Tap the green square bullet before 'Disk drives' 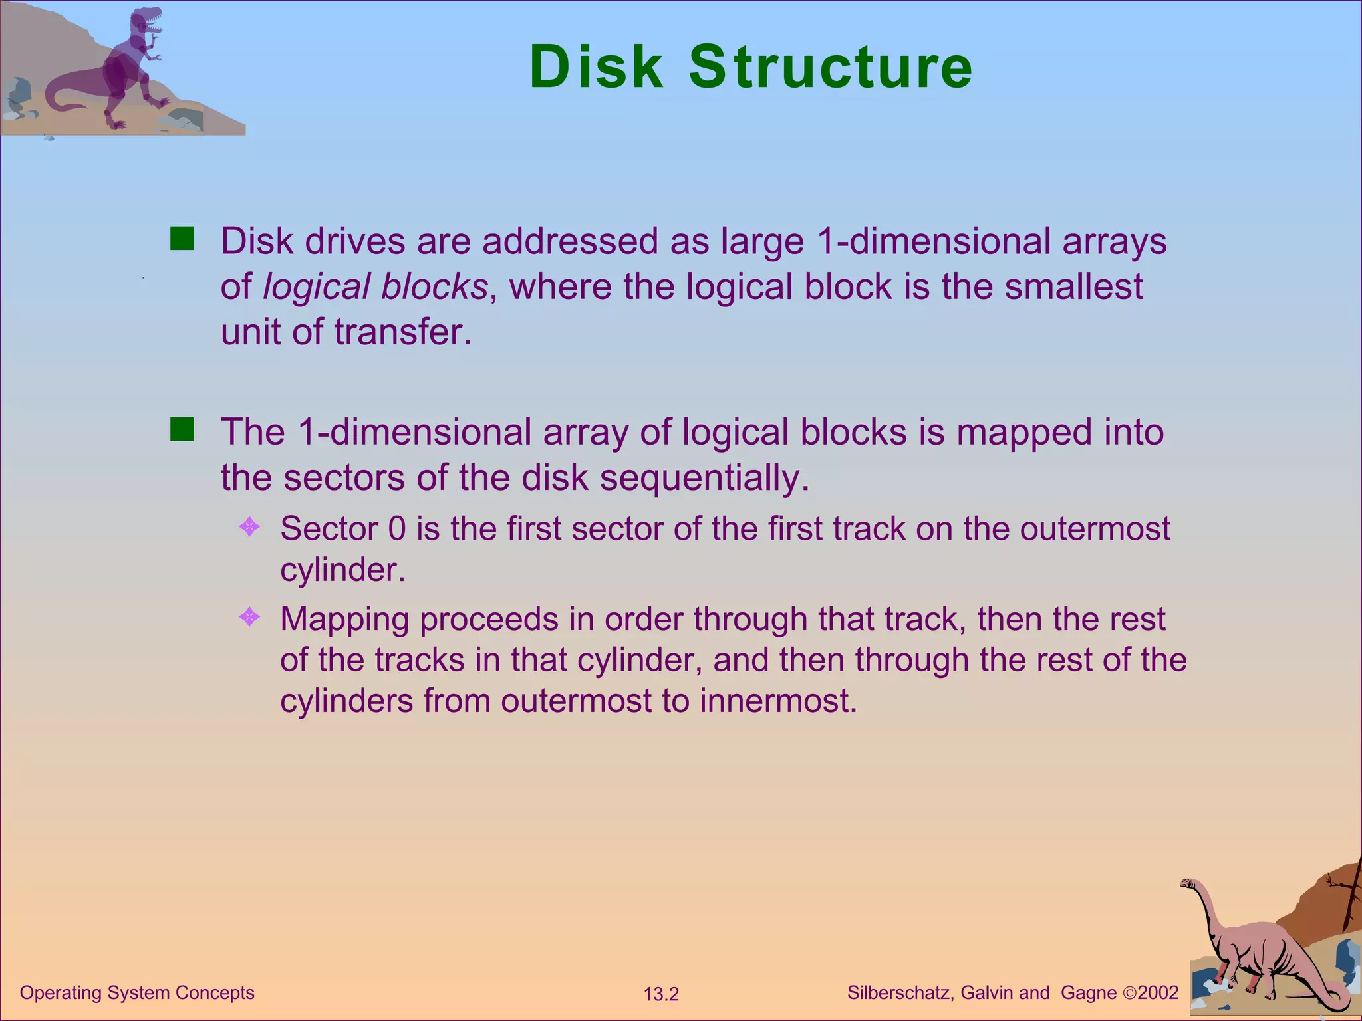[182, 238]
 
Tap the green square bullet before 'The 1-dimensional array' [182, 429]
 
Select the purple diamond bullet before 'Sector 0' [249, 528]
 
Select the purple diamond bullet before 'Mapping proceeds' [249, 618]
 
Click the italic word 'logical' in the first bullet [316, 287]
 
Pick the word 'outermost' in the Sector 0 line [1095, 529]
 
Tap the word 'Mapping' [344, 620]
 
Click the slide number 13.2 [661, 994]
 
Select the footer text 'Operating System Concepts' [137, 992]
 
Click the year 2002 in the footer [1158, 993]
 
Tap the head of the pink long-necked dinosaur [1188, 883]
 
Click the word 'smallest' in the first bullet [1073, 287]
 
